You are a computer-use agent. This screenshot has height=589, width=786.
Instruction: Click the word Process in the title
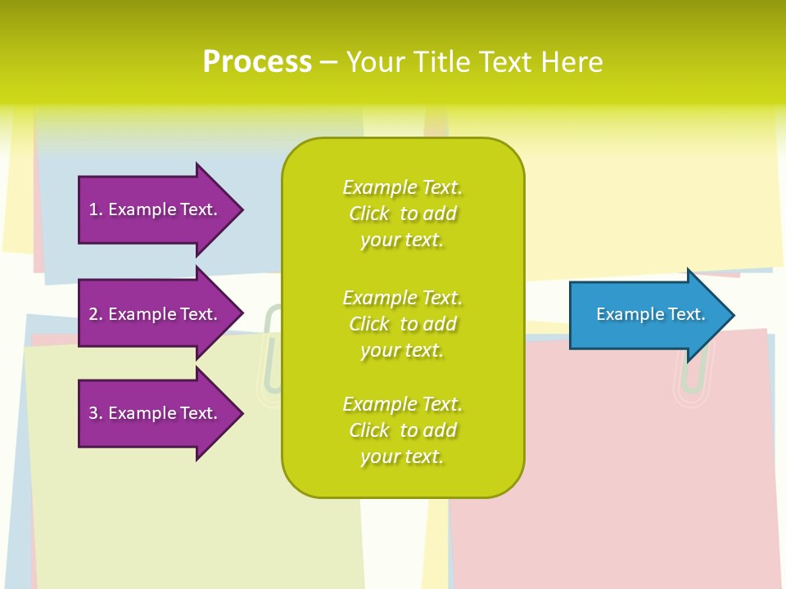257,62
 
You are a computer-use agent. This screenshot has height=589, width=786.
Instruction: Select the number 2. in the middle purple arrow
96,314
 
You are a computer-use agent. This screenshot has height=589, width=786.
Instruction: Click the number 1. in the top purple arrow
96,209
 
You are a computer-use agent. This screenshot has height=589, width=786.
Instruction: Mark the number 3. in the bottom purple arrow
96,413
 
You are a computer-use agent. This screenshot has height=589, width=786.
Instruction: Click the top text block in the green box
402,214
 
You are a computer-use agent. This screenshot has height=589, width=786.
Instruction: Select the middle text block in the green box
402,324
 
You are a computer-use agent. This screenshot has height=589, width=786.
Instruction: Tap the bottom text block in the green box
402,430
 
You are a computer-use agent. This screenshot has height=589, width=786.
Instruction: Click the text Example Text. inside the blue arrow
650,314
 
